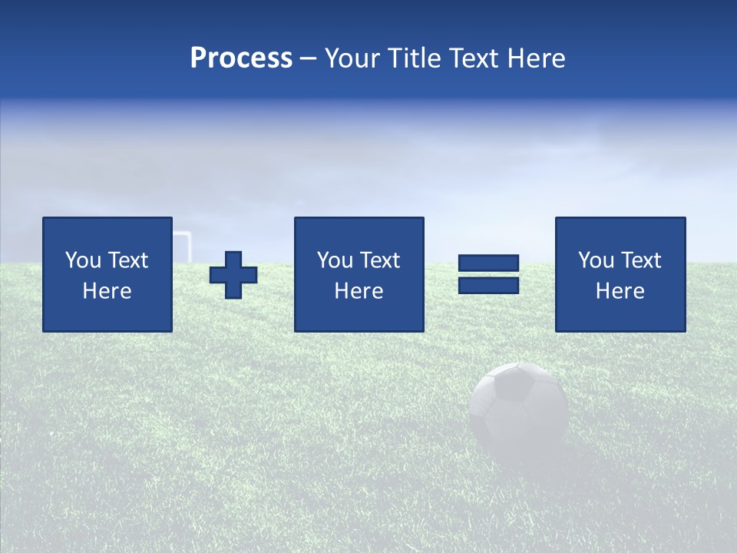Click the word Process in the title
point(241,58)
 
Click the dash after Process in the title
point(309,59)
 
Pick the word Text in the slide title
point(476,58)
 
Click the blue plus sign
point(233,275)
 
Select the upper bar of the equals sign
point(488,263)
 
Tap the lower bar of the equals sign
point(488,285)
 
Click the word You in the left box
point(83,260)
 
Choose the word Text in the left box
point(127,260)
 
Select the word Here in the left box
point(107,291)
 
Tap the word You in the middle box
point(335,260)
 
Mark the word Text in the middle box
point(378,260)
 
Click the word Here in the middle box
point(359,291)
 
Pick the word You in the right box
point(596,260)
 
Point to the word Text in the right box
point(640,260)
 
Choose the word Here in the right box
point(620,291)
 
